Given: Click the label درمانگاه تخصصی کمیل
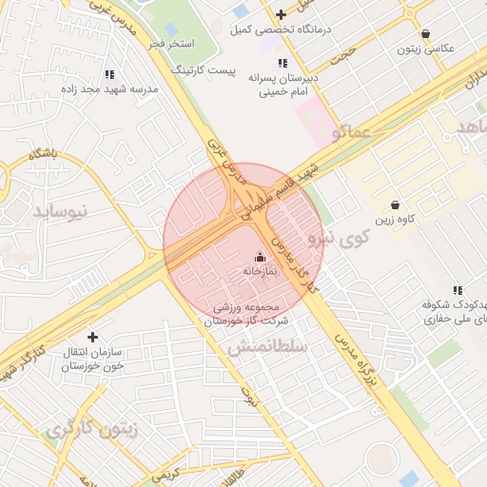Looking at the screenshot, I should click(x=281, y=29).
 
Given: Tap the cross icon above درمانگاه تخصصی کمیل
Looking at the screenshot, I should click(x=281, y=14).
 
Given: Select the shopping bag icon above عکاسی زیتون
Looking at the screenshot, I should click(x=425, y=33).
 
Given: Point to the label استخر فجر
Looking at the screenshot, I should click(x=172, y=45).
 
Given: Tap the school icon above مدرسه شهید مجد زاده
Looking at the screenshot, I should click(x=109, y=74).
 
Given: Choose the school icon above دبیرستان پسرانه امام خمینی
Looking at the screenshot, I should click(x=282, y=63).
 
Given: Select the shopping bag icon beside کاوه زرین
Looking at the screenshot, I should click(x=395, y=205).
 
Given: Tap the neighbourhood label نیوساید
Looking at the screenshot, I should click(x=60, y=210).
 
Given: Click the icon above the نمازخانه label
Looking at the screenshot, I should click(x=260, y=257).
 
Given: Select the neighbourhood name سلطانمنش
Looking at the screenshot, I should click(x=267, y=348).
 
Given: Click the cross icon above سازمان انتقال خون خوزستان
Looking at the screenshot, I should click(x=92, y=337).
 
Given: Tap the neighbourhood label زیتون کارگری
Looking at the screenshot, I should click(x=90, y=429).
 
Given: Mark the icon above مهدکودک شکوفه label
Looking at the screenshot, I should click(x=458, y=290).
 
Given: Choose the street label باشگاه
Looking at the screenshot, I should click(x=44, y=152).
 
